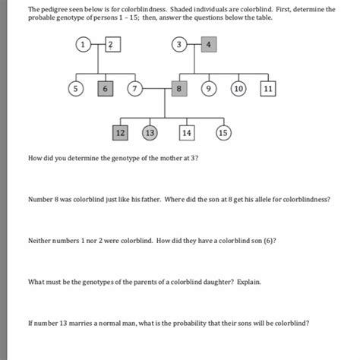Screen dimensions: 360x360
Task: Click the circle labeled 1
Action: (81, 46)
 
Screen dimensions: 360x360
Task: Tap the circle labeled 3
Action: (180, 46)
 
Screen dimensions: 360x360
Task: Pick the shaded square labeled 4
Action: (210, 46)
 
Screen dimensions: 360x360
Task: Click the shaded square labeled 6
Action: (106, 89)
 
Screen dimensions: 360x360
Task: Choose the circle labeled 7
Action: (137, 89)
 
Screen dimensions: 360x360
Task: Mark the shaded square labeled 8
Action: (179, 89)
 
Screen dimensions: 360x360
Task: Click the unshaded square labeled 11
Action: (267, 89)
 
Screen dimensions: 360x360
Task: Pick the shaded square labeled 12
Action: (119, 133)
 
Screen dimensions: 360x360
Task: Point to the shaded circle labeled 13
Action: (150, 133)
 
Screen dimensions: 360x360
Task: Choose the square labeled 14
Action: (186, 133)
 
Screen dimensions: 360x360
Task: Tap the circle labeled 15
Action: (223, 133)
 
